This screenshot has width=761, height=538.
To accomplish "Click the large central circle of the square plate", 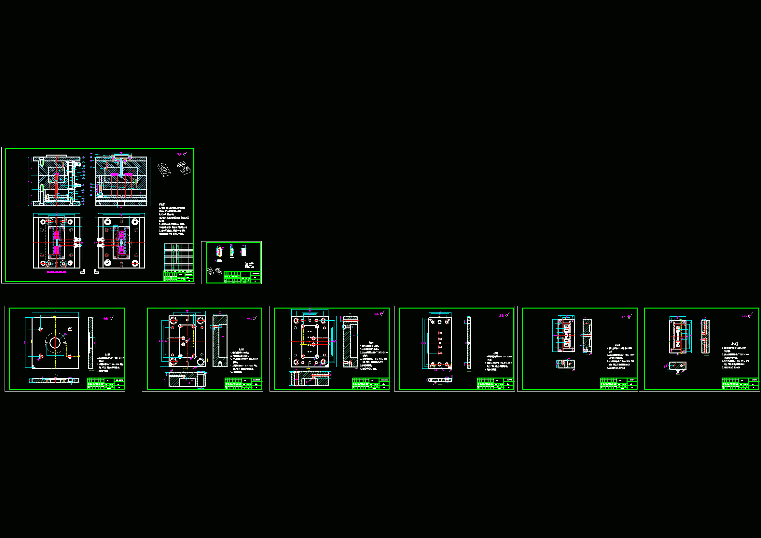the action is tap(55, 343).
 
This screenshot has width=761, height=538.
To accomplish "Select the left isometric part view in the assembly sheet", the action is tap(164, 169).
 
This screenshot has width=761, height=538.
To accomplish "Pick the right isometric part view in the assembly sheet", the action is tap(184, 167).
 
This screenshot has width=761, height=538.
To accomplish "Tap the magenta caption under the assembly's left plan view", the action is tap(56, 272).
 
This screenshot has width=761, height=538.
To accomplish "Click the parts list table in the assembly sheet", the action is tap(178, 257).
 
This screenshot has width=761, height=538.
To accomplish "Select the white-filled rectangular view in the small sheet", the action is tap(243, 251).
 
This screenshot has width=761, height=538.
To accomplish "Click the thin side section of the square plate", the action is tap(90, 342).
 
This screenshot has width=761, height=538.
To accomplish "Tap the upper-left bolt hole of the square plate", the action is tap(41, 329).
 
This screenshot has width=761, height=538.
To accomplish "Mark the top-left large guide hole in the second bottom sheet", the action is tap(173, 321).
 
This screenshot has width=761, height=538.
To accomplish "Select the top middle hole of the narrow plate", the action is tap(440, 322).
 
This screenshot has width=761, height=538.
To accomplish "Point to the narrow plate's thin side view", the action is tap(469, 342).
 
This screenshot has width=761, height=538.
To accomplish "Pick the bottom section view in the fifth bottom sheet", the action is tap(565, 364).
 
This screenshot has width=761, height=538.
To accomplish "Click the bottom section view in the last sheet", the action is tap(677, 366).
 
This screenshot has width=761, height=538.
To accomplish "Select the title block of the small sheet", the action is tap(242, 277).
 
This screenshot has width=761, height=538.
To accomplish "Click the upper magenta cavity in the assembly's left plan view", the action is tap(57, 236).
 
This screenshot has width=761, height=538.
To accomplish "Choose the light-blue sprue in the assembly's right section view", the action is tap(122, 169).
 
